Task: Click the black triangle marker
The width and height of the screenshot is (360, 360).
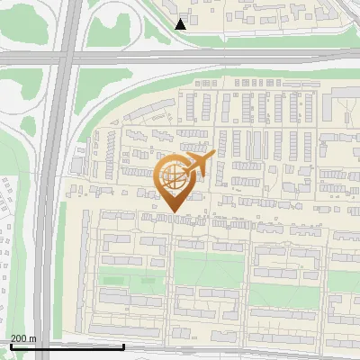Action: (x=181, y=24)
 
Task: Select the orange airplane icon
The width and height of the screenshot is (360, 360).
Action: (x=199, y=165)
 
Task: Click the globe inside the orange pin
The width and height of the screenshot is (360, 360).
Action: (x=171, y=177)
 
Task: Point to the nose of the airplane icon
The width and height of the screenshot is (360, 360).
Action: (x=213, y=155)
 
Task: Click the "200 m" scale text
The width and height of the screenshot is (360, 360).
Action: (x=23, y=338)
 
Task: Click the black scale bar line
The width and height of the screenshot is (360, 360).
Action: (x=67, y=345)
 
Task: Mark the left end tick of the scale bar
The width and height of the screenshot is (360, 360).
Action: (x=11, y=343)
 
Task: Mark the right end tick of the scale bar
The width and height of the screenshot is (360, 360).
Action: (x=123, y=343)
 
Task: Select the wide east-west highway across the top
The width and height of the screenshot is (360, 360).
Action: (x=225, y=58)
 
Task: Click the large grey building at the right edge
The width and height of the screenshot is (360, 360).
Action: (x=349, y=110)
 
